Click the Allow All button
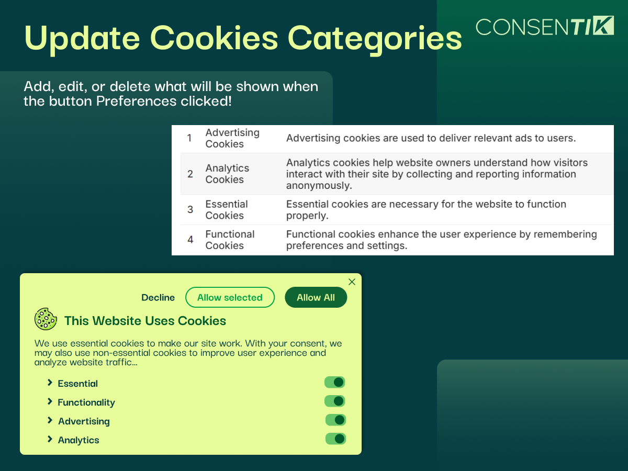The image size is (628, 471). (316, 297)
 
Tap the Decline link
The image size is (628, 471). (158, 297)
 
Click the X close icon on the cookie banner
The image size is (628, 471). (352, 282)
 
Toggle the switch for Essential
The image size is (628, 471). (335, 383)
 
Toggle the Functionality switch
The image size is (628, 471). (335, 401)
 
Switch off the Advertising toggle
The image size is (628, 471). (335, 420)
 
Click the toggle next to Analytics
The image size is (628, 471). (335, 439)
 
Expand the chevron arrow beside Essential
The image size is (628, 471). (50, 383)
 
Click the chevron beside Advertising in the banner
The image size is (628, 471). (50, 420)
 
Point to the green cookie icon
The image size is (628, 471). (46, 319)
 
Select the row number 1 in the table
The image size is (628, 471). (189, 138)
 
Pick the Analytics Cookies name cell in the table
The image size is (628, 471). (228, 174)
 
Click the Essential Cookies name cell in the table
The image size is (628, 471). (227, 210)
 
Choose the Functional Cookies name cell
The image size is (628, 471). (230, 240)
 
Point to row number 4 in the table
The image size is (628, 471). (190, 240)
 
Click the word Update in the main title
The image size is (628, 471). (82, 39)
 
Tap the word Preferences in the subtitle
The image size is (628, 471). (136, 101)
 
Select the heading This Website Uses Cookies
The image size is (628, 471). (145, 321)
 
